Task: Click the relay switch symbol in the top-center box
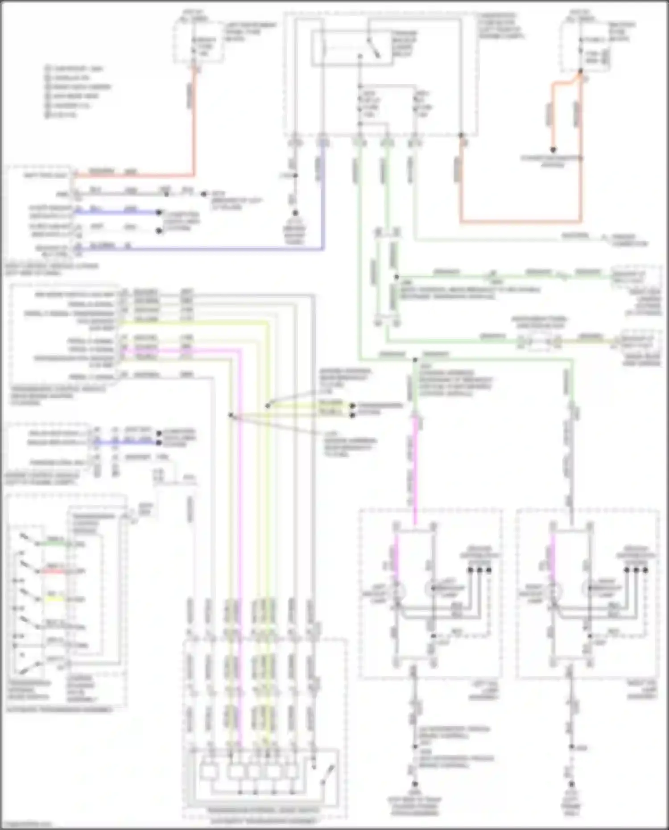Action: [x=374, y=48]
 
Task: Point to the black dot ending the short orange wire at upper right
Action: [x=553, y=150]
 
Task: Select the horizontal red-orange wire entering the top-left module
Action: [x=134, y=176]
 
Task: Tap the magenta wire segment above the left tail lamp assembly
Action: [x=415, y=468]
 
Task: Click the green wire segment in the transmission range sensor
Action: [x=56, y=544]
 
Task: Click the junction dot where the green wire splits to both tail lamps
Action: [x=415, y=359]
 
